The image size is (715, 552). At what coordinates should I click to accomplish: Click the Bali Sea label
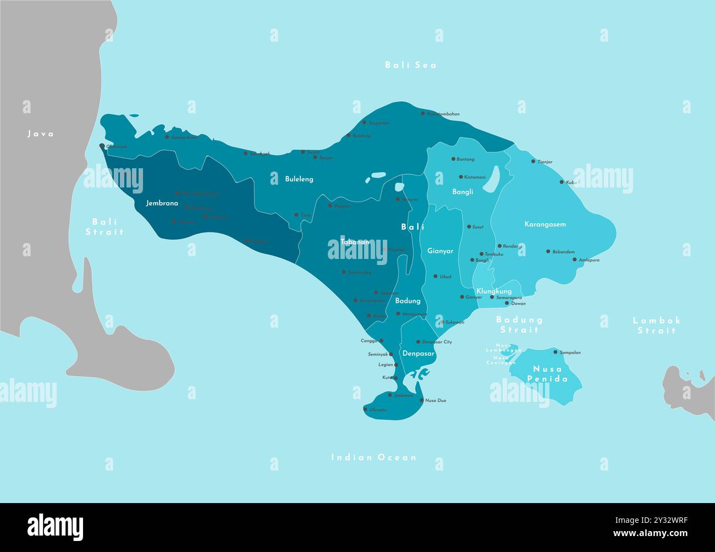(410, 65)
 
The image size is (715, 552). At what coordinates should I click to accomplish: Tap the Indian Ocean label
(373, 457)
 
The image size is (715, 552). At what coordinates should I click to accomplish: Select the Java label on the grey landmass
(41, 134)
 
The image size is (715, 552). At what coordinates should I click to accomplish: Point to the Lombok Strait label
(657, 325)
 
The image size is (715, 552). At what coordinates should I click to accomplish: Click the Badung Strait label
(519, 324)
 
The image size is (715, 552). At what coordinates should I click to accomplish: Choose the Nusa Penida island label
(547, 374)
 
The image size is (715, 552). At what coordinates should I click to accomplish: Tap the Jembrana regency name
(162, 203)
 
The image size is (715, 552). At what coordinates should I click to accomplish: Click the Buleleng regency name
(299, 179)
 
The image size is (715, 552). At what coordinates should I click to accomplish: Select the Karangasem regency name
(545, 224)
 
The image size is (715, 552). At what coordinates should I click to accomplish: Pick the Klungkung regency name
(494, 291)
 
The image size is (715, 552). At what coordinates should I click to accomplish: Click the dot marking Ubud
(435, 277)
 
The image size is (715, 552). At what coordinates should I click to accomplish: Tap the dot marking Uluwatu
(365, 409)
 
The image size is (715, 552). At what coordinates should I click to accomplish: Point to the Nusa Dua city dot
(421, 400)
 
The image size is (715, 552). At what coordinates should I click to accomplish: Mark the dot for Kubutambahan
(422, 114)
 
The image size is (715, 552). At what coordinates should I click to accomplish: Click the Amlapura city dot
(574, 260)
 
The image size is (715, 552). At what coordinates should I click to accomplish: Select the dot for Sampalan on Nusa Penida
(555, 352)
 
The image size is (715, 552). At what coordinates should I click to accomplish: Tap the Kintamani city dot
(460, 177)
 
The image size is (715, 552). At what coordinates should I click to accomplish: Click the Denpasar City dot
(417, 342)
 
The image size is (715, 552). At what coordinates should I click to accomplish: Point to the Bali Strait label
(105, 227)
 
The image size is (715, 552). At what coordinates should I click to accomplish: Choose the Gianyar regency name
(441, 251)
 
